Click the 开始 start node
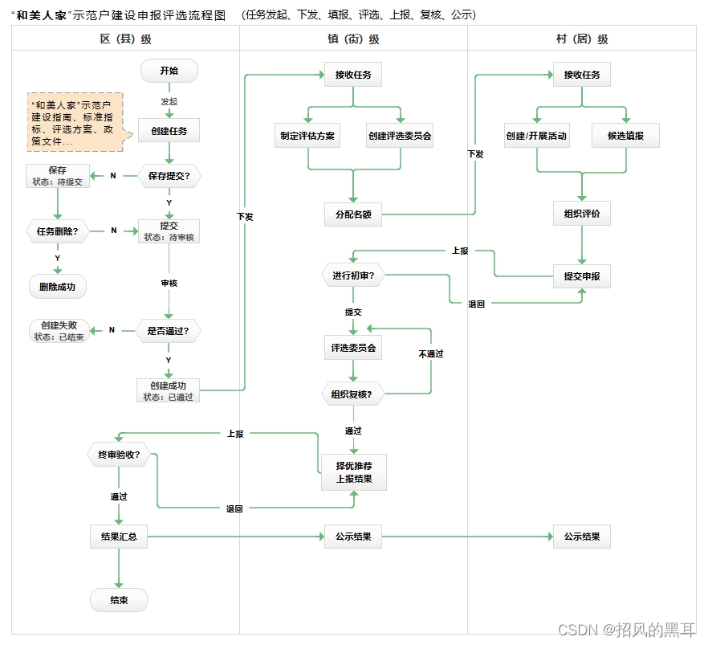tap(169, 71)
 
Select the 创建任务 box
tap(169, 130)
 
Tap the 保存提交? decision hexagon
tap(169, 175)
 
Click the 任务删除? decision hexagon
tap(57, 231)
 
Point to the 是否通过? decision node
tap(169, 330)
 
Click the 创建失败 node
tap(59, 330)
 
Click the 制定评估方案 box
tap(308, 136)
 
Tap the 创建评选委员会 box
tap(400, 136)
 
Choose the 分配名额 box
tap(353, 214)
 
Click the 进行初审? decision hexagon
tap(353, 276)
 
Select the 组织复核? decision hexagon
tap(352, 394)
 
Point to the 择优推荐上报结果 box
tap(353, 472)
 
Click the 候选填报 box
tap(626, 136)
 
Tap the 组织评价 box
tap(582, 214)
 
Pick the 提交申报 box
tap(582, 276)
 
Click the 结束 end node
tap(119, 600)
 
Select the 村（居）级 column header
tap(582, 39)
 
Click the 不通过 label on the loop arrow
tap(431, 353)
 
